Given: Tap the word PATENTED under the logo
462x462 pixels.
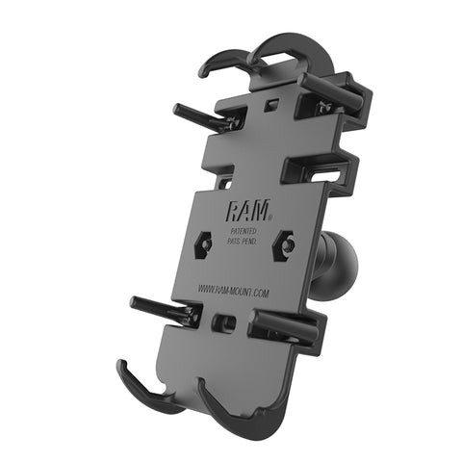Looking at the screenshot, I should [244, 226].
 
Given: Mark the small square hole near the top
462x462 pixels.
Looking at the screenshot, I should [274, 101].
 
